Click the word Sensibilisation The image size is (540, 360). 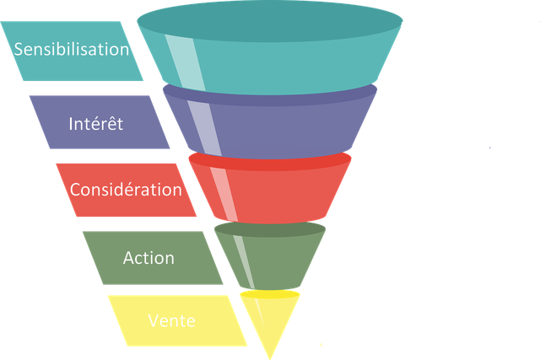pyautogui.click(x=71, y=49)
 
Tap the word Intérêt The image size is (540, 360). pyautogui.click(x=95, y=124)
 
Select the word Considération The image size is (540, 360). pyautogui.click(x=126, y=190)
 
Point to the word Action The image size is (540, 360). pyautogui.click(x=148, y=258)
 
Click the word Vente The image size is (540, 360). pyautogui.click(x=172, y=320)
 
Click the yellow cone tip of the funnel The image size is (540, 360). pyautogui.click(x=270, y=320)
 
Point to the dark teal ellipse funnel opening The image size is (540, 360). pyautogui.click(x=270, y=21)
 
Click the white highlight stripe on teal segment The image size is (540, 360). pyautogui.click(x=185, y=62)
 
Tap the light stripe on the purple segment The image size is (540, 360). pyautogui.click(x=204, y=128)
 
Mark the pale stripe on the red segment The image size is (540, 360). pyautogui.click(x=224, y=195)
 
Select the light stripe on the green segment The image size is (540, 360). pyautogui.click(x=244, y=261)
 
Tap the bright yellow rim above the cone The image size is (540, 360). pyautogui.click(x=270, y=294)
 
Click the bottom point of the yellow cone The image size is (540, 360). pyautogui.click(x=270, y=359)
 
